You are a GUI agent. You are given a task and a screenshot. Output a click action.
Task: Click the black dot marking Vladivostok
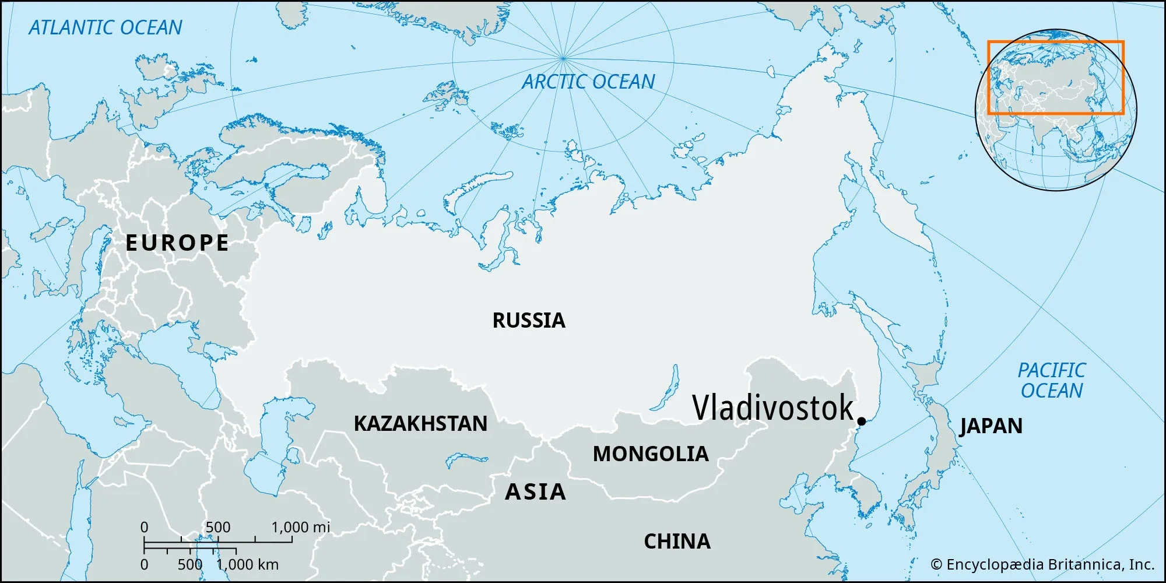tap(861, 421)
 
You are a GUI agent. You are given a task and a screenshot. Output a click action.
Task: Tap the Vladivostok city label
tap(772, 408)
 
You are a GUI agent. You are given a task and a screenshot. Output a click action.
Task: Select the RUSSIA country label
tap(529, 320)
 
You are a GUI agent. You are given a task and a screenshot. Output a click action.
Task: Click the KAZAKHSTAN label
tap(420, 424)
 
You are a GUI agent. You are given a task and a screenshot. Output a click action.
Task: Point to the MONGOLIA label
tap(651, 454)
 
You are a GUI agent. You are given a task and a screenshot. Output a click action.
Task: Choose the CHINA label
tap(677, 542)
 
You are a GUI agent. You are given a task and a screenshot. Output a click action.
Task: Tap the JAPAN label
tap(991, 426)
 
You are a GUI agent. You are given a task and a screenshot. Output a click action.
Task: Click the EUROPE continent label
tap(177, 243)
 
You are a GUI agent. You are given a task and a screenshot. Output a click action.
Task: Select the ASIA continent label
tap(535, 492)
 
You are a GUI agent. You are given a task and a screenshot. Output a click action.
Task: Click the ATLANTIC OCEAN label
tap(106, 27)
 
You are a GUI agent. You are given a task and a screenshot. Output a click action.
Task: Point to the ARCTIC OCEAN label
tap(588, 82)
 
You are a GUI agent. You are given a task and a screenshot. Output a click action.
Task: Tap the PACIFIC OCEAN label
tap(1051, 380)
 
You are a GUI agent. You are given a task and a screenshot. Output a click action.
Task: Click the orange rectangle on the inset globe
tap(1055, 42)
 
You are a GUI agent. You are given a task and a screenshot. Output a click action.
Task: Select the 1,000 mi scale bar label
tap(300, 527)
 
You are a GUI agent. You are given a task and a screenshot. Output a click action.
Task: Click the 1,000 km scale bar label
tap(248, 564)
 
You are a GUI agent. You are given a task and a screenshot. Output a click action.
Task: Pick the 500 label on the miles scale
tap(218, 527)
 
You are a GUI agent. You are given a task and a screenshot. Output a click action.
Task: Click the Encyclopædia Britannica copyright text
tap(1042, 564)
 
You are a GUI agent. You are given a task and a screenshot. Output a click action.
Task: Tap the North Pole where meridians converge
tap(563, 58)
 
